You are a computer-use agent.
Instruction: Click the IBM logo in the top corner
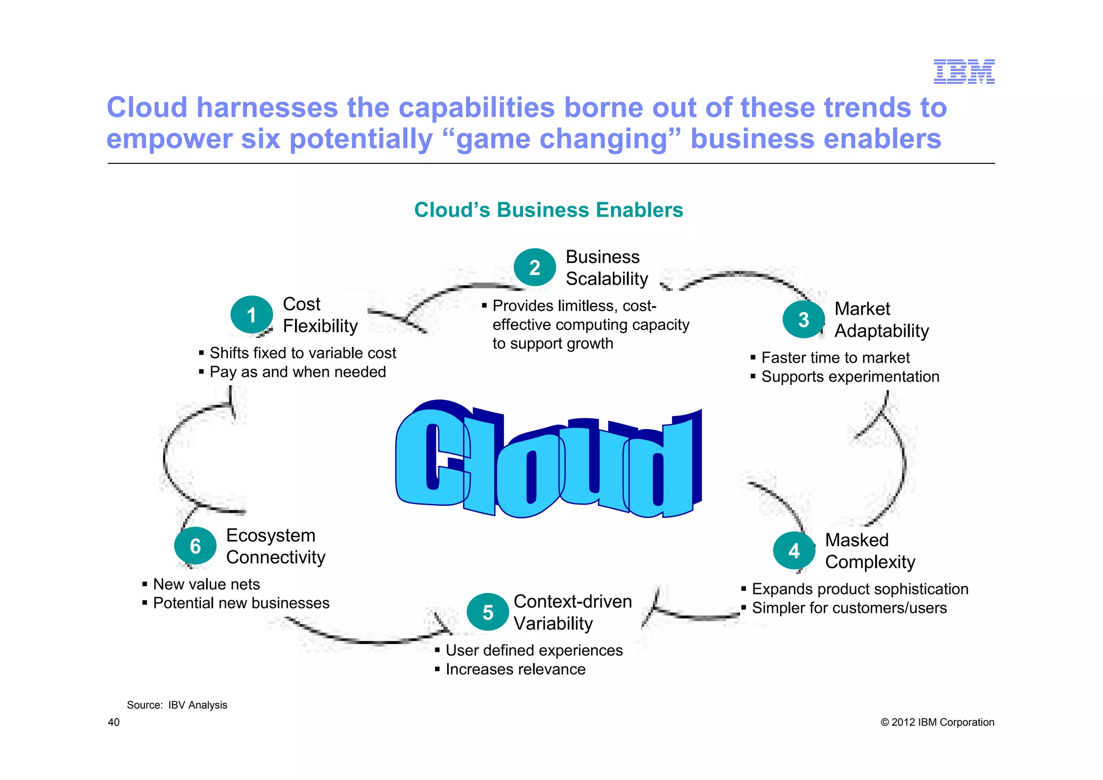click(964, 72)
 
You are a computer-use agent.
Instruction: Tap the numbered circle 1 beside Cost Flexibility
click(252, 315)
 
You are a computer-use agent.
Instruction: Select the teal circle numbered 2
click(534, 267)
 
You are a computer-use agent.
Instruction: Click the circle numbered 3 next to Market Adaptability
click(804, 320)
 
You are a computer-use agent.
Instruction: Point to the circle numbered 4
click(794, 550)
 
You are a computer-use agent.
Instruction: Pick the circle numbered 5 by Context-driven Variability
click(487, 612)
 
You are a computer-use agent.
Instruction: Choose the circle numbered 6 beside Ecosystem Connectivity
click(195, 546)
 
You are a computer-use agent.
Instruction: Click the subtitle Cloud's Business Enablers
click(548, 210)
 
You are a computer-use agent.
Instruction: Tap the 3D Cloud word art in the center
click(548, 460)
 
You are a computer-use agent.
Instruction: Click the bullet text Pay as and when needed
click(297, 372)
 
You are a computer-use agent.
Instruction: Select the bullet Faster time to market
click(835, 357)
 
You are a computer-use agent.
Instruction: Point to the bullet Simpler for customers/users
click(849, 608)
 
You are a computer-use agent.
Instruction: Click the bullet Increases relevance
click(515, 669)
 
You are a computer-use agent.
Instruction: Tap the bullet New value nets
click(206, 584)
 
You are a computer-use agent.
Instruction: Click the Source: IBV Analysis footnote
click(177, 705)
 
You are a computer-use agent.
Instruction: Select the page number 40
click(114, 722)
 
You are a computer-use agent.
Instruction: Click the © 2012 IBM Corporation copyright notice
click(937, 722)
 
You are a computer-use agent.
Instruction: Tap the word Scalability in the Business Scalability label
click(607, 279)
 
